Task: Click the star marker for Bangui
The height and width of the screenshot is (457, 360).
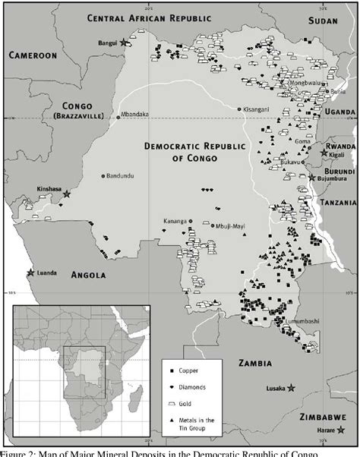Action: pyautogui.click(x=124, y=43)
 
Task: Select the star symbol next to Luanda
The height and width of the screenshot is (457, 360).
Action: pyautogui.click(x=30, y=273)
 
